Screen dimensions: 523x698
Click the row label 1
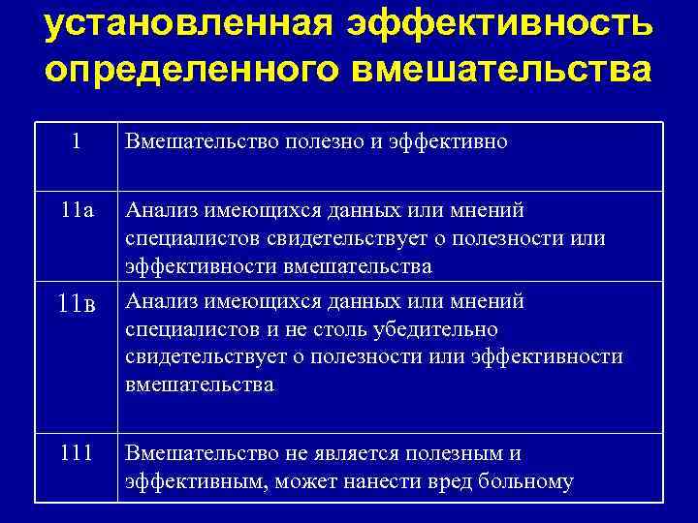click(76, 141)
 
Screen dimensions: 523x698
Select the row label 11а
click(76, 210)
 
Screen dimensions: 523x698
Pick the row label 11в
click(76, 303)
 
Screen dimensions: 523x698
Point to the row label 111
click(76, 452)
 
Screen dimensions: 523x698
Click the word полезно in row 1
click(318, 142)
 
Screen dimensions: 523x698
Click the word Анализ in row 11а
click(160, 210)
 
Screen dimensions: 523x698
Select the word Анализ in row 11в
click(160, 301)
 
